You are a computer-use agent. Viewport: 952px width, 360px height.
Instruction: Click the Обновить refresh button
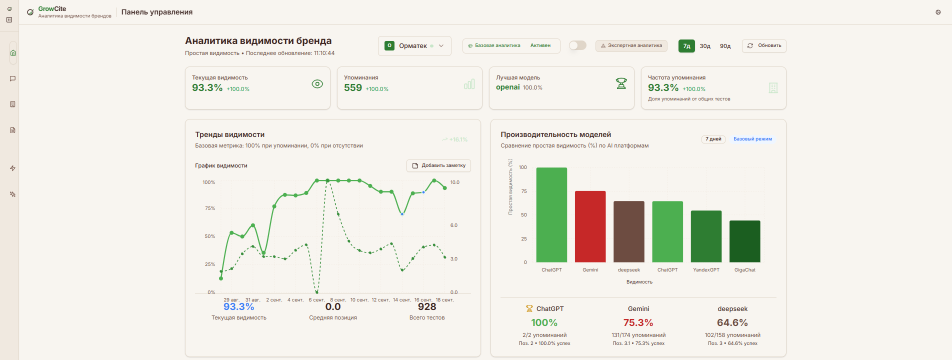point(764,46)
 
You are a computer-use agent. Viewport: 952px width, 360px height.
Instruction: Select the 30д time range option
point(705,46)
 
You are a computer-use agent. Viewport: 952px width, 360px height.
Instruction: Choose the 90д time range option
point(725,46)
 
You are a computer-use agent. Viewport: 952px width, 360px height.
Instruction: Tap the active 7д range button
point(686,46)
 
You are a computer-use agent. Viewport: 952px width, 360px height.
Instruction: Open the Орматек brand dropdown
point(414,46)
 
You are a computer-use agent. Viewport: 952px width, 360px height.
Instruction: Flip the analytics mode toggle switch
point(577,45)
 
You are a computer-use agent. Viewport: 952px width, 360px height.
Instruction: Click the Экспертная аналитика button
point(631,46)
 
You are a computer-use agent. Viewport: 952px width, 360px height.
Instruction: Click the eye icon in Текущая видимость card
point(317,84)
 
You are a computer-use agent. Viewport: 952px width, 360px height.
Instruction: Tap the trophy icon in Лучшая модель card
point(621,83)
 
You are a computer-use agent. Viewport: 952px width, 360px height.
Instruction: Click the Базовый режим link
point(752,139)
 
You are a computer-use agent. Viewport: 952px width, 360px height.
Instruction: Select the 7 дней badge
point(713,139)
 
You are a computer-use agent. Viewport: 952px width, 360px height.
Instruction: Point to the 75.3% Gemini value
point(638,323)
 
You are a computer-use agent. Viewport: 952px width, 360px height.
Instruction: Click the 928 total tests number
point(427,307)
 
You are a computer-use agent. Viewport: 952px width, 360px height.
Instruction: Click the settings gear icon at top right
point(938,12)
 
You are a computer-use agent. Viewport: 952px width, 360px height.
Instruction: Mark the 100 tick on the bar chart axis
point(523,167)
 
